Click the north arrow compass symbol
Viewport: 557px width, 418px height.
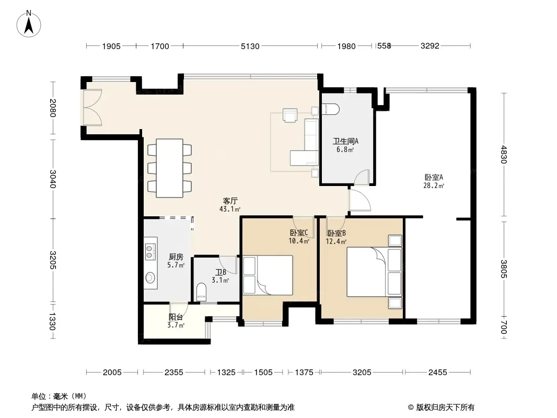pyautogui.click(x=29, y=24)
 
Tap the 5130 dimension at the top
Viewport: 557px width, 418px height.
pyautogui.click(x=250, y=46)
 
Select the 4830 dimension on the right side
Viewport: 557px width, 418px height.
pyautogui.click(x=503, y=154)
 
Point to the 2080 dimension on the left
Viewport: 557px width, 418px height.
pyautogui.click(x=53, y=108)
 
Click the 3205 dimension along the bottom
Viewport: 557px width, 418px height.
pyautogui.click(x=362, y=372)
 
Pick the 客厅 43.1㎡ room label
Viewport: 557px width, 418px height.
pyautogui.click(x=230, y=205)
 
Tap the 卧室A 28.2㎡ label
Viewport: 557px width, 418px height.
pyautogui.click(x=434, y=181)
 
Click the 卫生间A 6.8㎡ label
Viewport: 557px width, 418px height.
pyautogui.click(x=345, y=145)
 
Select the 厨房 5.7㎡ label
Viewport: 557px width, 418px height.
pyautogui.click(x=176, y=261)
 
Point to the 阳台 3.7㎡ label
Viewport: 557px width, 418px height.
pyautogui.click(x=176, y=321)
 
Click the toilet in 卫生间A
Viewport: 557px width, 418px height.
pyautogui.click(x=330, y=109)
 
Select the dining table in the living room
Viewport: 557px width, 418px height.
pyautogui.click(x=170, y=168)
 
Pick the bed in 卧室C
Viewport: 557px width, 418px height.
pyautogui.click(x=268, y=275)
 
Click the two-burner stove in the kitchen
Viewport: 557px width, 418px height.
pyautogui.click(x=150, y=251)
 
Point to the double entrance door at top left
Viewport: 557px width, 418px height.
pyautogui.click(x=92, y=107)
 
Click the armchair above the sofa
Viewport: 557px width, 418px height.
pyautogui.click(x=290, y=115)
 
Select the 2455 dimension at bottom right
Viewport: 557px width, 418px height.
pyautogui.click(x=437, y=372)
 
